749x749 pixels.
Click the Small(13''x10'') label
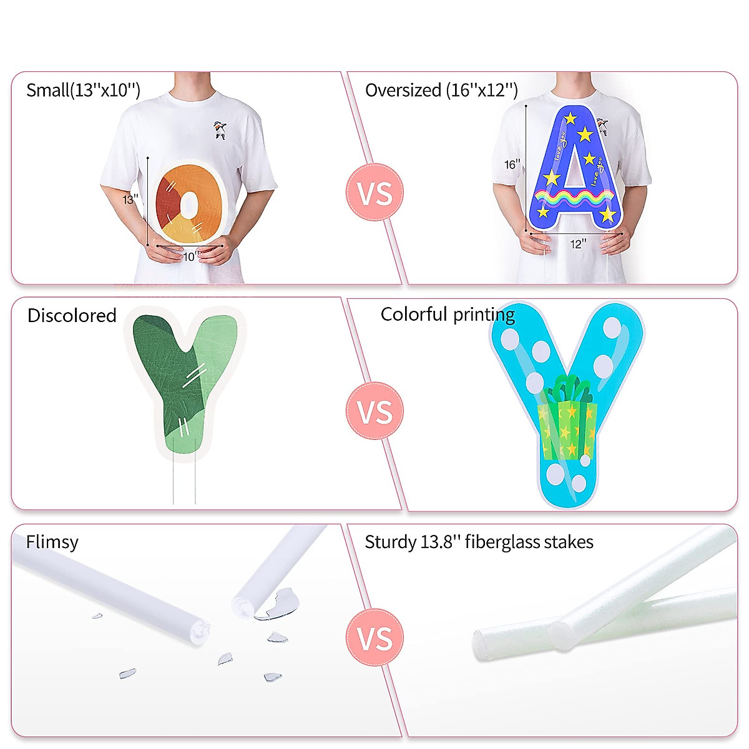tap(83, 91)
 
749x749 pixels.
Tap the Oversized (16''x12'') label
tap(441, 91)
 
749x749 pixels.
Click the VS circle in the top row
tap(375, 192)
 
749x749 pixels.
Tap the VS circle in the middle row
tap(375, 411)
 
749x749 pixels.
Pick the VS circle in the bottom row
tap(375, 638)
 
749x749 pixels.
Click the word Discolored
tap(72, 316)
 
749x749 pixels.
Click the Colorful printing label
tap(448, 314)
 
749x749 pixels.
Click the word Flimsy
tap(52, 542)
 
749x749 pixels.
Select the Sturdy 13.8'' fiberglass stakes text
tap(479, 542)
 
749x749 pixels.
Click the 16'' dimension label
tap(512, 165)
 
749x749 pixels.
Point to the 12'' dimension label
tap(578, 244)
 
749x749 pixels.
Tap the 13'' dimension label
tap(130, 200)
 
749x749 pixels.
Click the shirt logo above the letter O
tap(220, 129)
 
